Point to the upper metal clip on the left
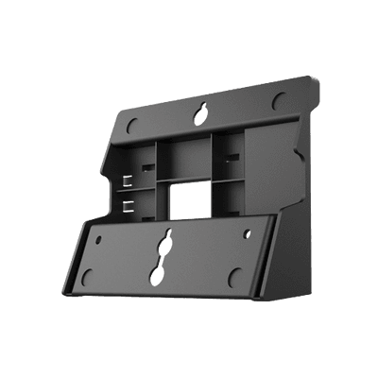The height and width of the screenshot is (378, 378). pyautogui.click(x=127, y=178)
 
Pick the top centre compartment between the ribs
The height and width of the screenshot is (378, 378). pyautogui.click(x=184, y=154)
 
